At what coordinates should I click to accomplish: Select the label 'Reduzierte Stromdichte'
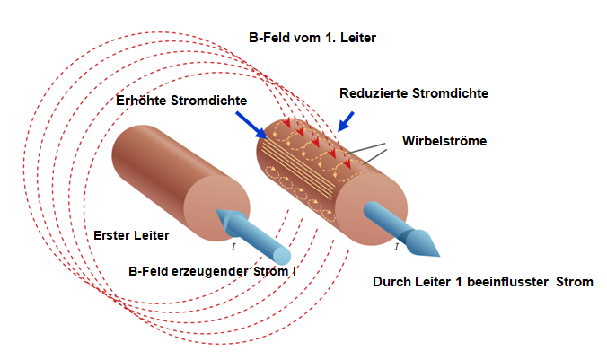413,92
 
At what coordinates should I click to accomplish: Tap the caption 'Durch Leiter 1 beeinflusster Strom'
482,282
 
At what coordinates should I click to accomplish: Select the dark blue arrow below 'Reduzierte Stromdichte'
347,119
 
